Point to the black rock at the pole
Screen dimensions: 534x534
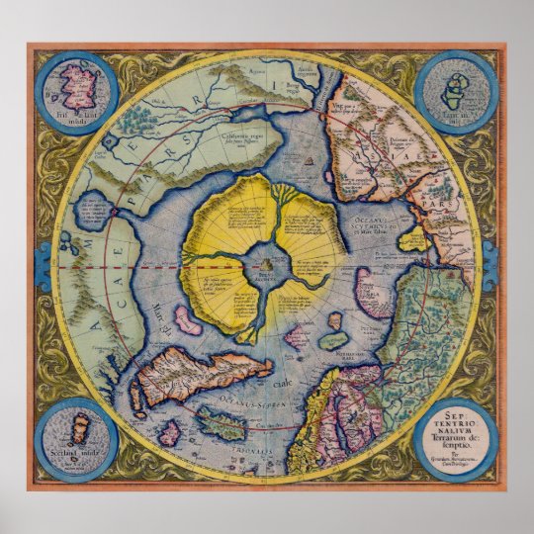tap(267, 263)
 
